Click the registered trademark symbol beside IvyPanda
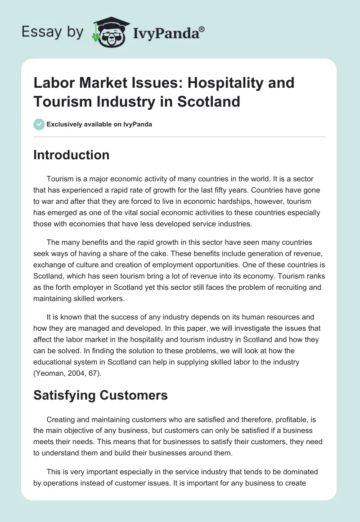[202, 29]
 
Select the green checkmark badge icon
[39, 124]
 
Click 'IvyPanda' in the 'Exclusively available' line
[137, 124]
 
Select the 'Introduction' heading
[72, 155]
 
